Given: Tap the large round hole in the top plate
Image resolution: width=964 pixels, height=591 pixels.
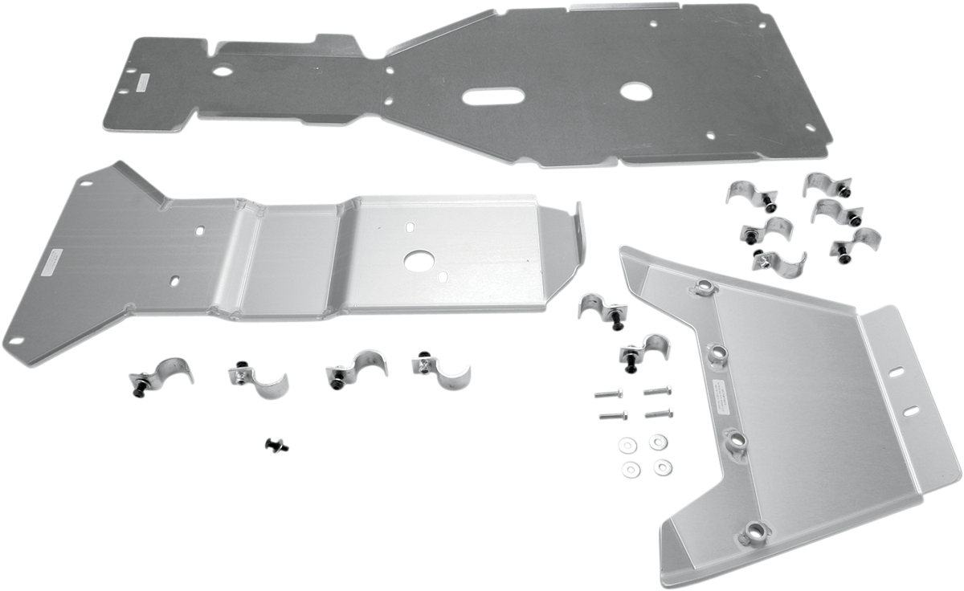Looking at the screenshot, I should point(639,89).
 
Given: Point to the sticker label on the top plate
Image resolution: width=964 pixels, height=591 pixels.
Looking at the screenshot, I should point(141,79).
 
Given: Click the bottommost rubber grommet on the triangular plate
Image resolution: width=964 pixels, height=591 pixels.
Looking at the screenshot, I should point(755,530).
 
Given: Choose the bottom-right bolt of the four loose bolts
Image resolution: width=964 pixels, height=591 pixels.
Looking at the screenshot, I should point(659,414).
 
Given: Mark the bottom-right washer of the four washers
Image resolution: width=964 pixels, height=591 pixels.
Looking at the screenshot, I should point(662,466).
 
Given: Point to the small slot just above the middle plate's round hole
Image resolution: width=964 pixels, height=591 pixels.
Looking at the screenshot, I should point(411,226).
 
